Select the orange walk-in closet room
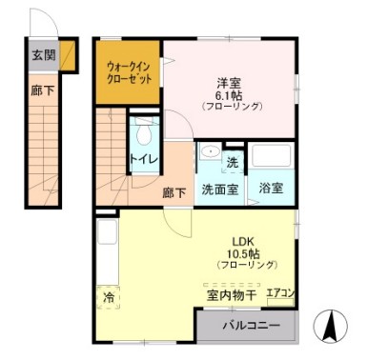coord(127,74)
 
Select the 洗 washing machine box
coord(232,161)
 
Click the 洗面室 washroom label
coord(218,189)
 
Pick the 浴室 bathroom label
coord(272,189)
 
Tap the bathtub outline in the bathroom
coord(273,157)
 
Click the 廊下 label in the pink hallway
coord(174,192)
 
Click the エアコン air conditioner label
coord(280,293)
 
